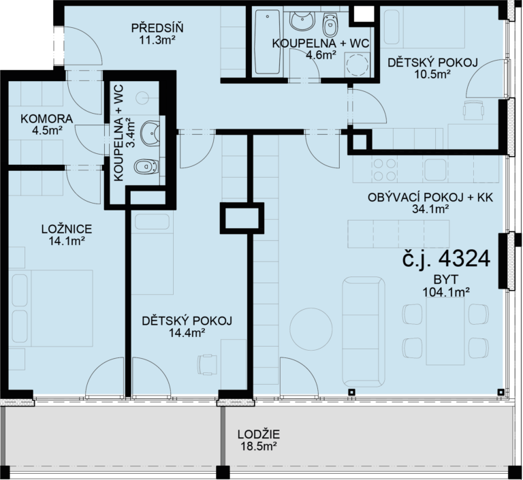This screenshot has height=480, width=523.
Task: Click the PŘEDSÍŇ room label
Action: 157,28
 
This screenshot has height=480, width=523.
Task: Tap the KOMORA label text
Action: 47,118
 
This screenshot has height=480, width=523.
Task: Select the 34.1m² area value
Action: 430,209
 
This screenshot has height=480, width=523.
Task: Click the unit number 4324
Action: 464,259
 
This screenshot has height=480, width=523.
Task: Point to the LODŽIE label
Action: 259,434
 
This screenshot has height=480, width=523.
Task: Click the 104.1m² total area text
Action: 446,293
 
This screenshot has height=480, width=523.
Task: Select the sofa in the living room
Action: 363,332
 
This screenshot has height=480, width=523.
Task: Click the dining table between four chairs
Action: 445,331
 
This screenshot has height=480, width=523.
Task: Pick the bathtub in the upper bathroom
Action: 267,42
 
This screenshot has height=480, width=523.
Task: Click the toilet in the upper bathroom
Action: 330,26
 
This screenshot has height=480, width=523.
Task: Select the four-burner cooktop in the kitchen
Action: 384,169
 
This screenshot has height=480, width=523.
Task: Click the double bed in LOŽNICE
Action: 51,308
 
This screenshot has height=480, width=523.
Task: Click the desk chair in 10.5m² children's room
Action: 473,110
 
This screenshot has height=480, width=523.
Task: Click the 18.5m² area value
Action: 259,446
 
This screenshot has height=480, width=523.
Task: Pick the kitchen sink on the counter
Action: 435,170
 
